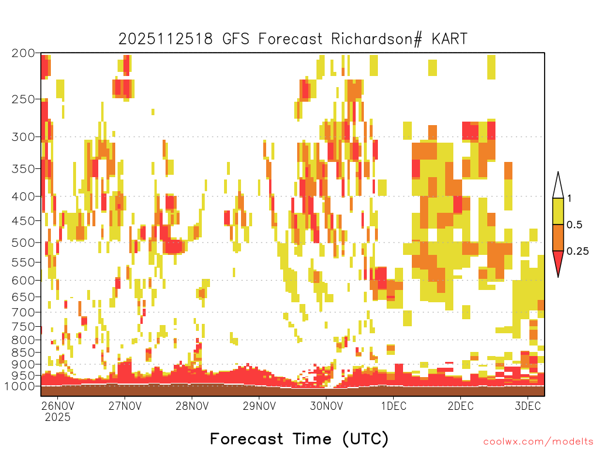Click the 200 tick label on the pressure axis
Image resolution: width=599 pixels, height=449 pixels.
(23, 53)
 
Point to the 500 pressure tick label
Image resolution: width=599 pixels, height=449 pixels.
(23, 243)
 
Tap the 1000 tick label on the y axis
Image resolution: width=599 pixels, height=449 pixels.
(19, 386)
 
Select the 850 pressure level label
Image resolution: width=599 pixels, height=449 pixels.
(23, 352)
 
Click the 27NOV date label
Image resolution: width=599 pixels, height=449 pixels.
(125, 406)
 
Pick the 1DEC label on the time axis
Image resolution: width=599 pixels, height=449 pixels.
(394, 406)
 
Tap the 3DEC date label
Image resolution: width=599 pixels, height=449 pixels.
(528, 406)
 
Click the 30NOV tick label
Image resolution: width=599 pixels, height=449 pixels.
(326, 406)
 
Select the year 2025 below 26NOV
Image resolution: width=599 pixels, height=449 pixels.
(58, 417)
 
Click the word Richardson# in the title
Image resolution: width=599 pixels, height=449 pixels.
(376, 39)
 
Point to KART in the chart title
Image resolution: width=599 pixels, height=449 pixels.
(450, 39)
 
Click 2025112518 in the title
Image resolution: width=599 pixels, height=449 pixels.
(166, 39)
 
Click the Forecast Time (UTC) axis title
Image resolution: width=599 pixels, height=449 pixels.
(299, 438)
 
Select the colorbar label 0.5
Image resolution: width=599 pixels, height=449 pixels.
(574, 225)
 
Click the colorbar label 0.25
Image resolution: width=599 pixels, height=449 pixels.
(577, 251)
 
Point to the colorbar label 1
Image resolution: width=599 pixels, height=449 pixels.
(569, 199)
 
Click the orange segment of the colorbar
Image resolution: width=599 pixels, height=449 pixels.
(558, 237)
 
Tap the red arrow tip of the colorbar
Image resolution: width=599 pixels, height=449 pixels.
(558, 277)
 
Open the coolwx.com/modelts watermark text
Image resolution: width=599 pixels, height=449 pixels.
(538, 442)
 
